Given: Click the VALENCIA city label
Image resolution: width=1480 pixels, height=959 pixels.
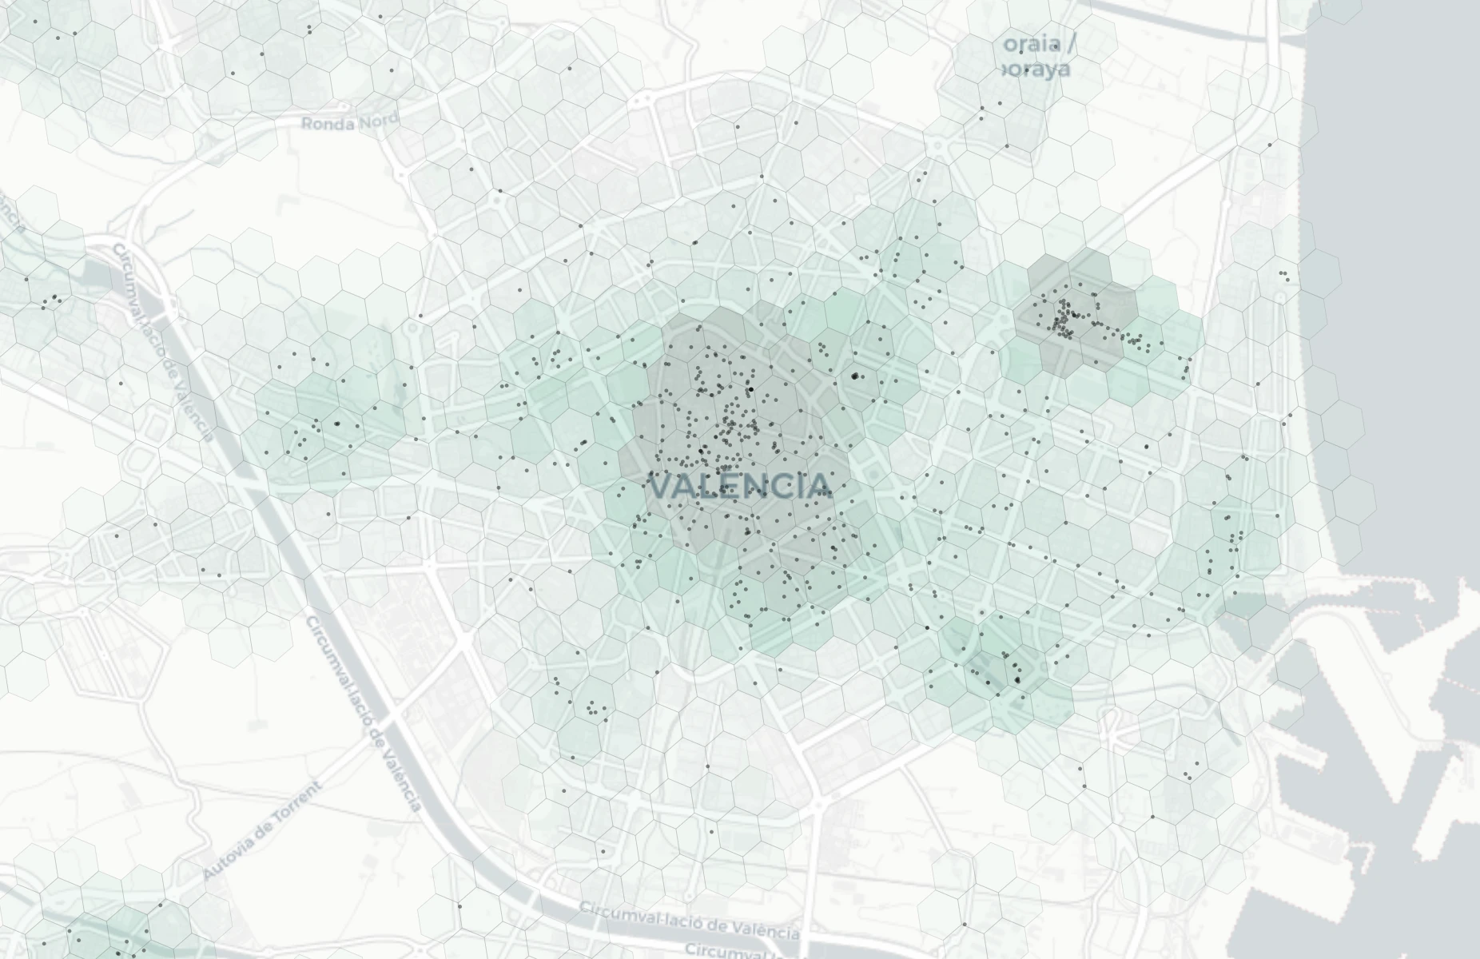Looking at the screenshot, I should coord(740,485).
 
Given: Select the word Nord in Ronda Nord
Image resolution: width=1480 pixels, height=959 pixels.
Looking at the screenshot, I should coord(380,121).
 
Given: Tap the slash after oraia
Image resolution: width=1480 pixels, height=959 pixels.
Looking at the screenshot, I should coord(1070,43).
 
